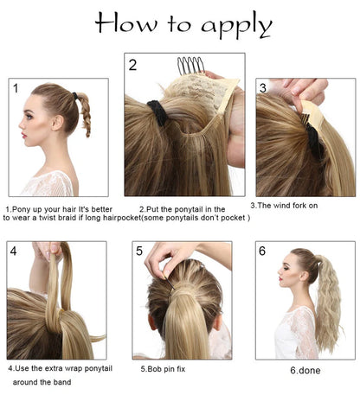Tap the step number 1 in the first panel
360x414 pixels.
(15, 88)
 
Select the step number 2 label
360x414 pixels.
(132, 65)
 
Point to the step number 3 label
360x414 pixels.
(262, 88)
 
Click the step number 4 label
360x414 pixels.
(13, 252)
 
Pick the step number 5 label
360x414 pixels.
(139, 252)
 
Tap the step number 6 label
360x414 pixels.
(261, 252)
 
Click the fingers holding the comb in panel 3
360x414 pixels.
(299, 90)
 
